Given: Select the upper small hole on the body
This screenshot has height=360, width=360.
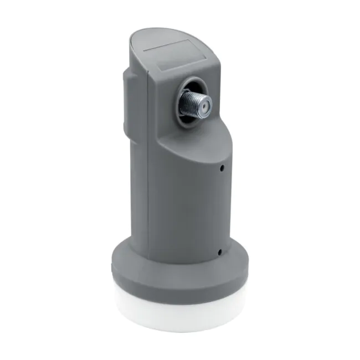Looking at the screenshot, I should click(222, 166).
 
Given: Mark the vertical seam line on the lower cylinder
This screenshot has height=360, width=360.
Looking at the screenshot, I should click(148, 210).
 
